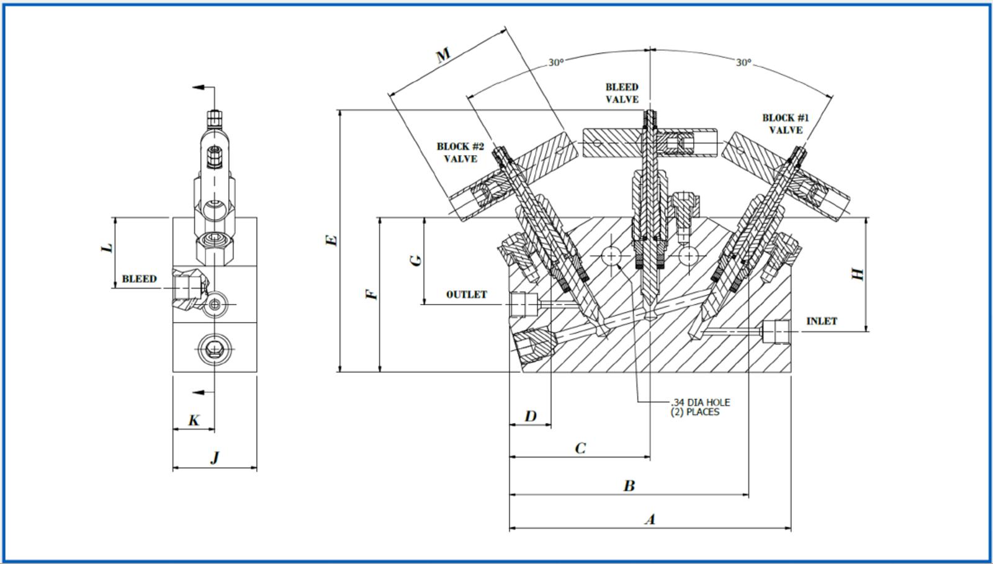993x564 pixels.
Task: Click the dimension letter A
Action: click(x=650, y=519)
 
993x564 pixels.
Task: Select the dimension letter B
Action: click(x=629, y=486)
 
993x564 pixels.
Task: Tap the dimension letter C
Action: click(x=580, y=448)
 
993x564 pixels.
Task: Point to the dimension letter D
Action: click(x=530, y=416)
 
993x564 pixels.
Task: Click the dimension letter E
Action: click(x=332, y=239)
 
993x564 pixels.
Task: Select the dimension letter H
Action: click(x=858, y=274)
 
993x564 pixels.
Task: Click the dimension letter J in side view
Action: click(x=215, y=458)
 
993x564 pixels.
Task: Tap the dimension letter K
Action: click(x=194, y=420)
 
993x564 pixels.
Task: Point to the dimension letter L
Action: click(x=107, y=247)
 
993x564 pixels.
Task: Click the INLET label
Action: click(x=821, y=321)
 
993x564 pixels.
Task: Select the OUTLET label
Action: click(x=466, y=295)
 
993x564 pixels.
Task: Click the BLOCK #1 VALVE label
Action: click(x=786, y=123)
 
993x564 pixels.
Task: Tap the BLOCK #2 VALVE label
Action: click(x=460, y=153)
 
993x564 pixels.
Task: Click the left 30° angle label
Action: click(x=555, y=63)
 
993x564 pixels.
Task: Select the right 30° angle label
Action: click(x=744, y=63)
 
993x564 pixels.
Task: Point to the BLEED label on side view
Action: click(x=139, y=279)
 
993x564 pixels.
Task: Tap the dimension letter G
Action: click(x=416, y=259)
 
